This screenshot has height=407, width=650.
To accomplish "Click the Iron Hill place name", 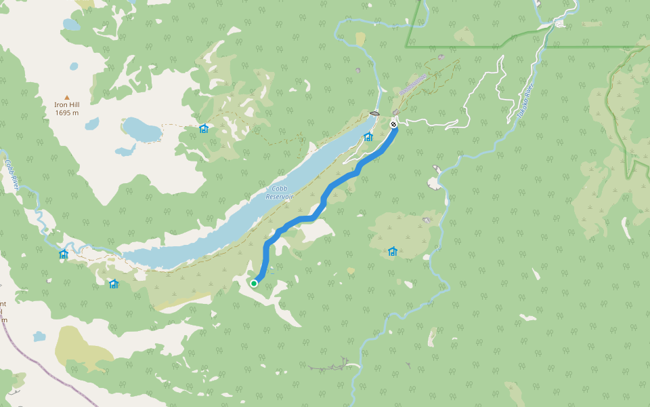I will (66, 105).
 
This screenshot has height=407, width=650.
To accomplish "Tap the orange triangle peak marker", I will (66, 97).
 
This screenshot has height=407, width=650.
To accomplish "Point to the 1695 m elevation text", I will (66, 113).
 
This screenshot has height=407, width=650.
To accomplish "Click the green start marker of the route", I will (254, 283).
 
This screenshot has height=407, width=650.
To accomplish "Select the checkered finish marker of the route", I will (393, 124).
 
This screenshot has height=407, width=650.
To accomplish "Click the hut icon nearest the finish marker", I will (368, 136).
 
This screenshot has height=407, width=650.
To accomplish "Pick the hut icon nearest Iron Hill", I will (204, 128).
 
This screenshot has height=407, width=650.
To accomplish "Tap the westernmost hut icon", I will (64, 254).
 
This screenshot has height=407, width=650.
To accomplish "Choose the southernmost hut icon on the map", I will (114, 284).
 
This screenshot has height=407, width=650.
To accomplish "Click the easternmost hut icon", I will (393, 252).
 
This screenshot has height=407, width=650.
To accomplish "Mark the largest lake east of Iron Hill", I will (142, 129).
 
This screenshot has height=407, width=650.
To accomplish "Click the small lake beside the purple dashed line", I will (39, 336).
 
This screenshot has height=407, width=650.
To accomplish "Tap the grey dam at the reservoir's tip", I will (374, 113).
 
